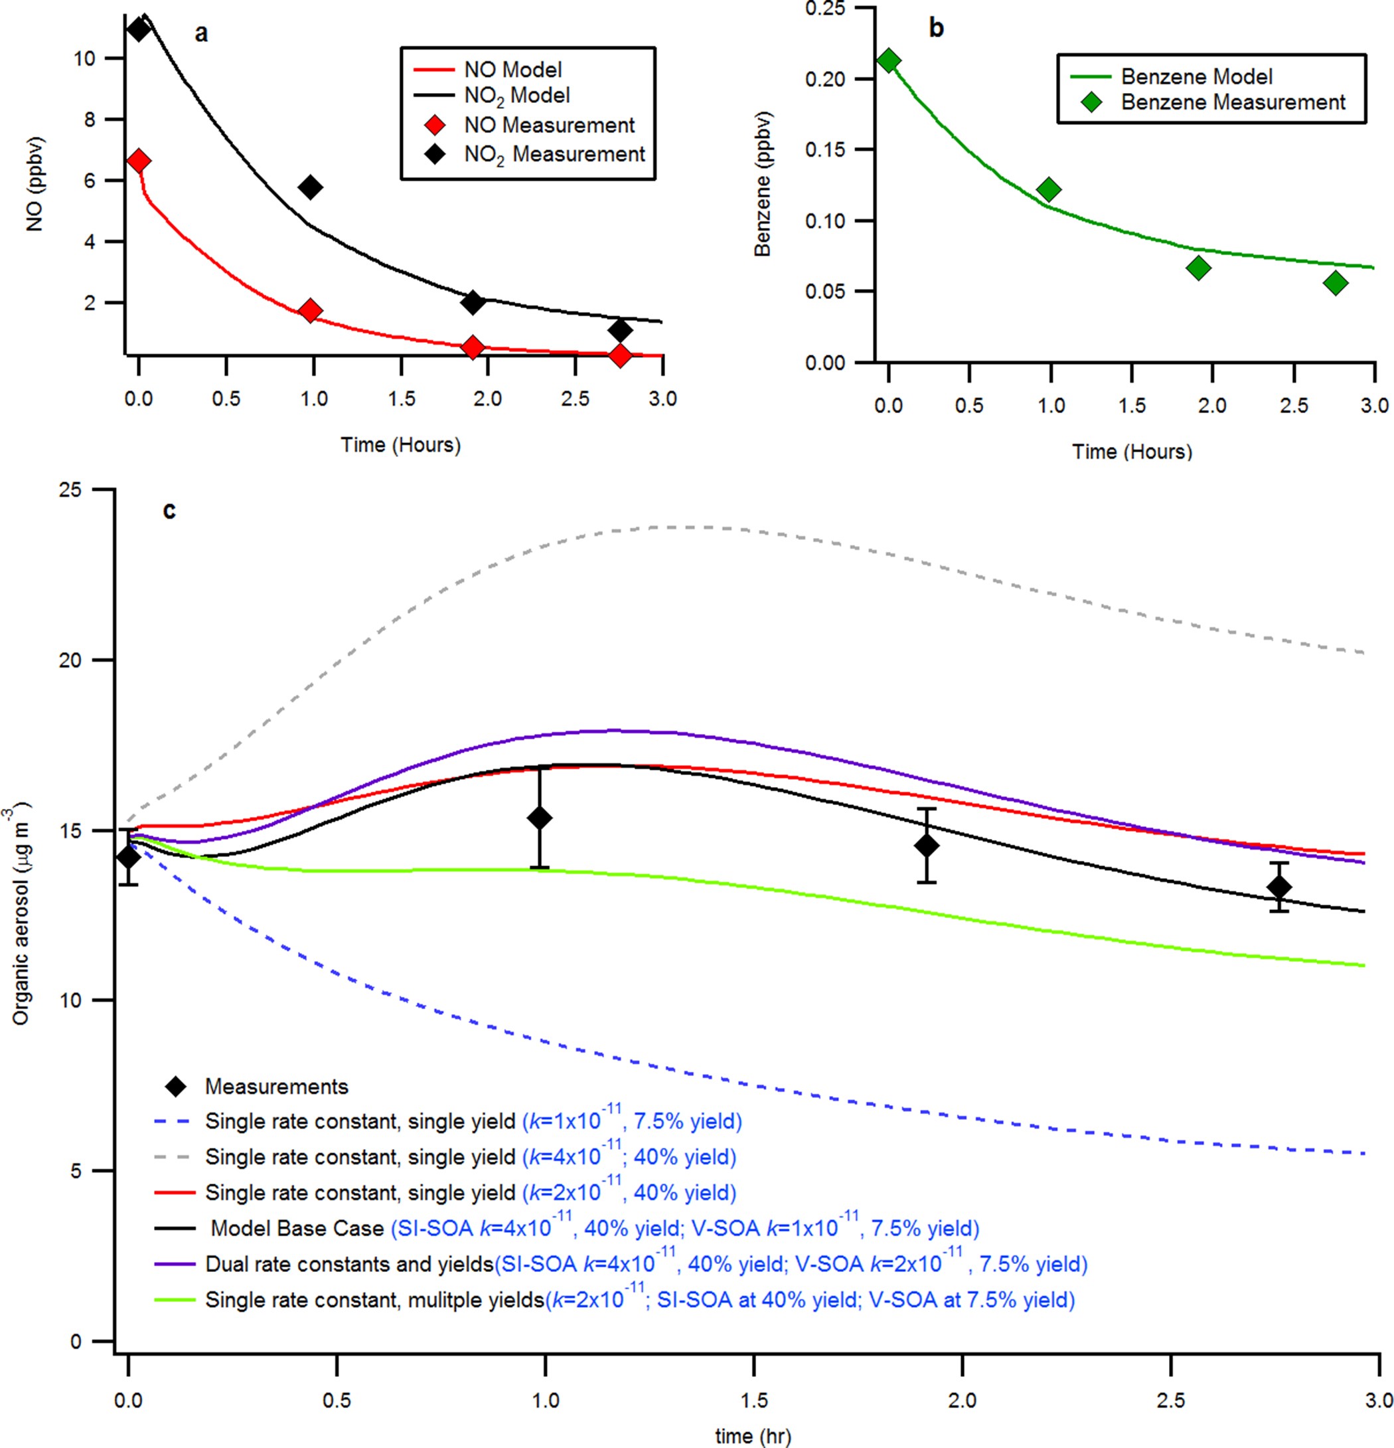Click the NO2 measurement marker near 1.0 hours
(x=311, y=187)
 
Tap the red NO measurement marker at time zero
(x=137, y=161)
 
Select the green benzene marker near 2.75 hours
(x=1335, y=283)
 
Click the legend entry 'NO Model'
(x=512, y=70)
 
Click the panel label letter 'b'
(x=935, y=28)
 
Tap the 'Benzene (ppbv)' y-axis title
(x=762, y=184)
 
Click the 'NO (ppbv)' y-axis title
(x=35, y=184)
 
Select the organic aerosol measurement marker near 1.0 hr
(x=540, y=818)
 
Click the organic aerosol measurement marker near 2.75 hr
(x=1280, y=887)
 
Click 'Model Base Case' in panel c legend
(x=297, y=1228)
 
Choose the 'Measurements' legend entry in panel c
(x=276, y=1086)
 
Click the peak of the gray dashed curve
(x=686, y=527)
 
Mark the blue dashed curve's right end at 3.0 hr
(x=1363, y=1153)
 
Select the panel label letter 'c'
(x=169, y=511)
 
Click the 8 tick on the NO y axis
(x=90, y=120)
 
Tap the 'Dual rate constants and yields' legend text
(x=348, y=1264)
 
